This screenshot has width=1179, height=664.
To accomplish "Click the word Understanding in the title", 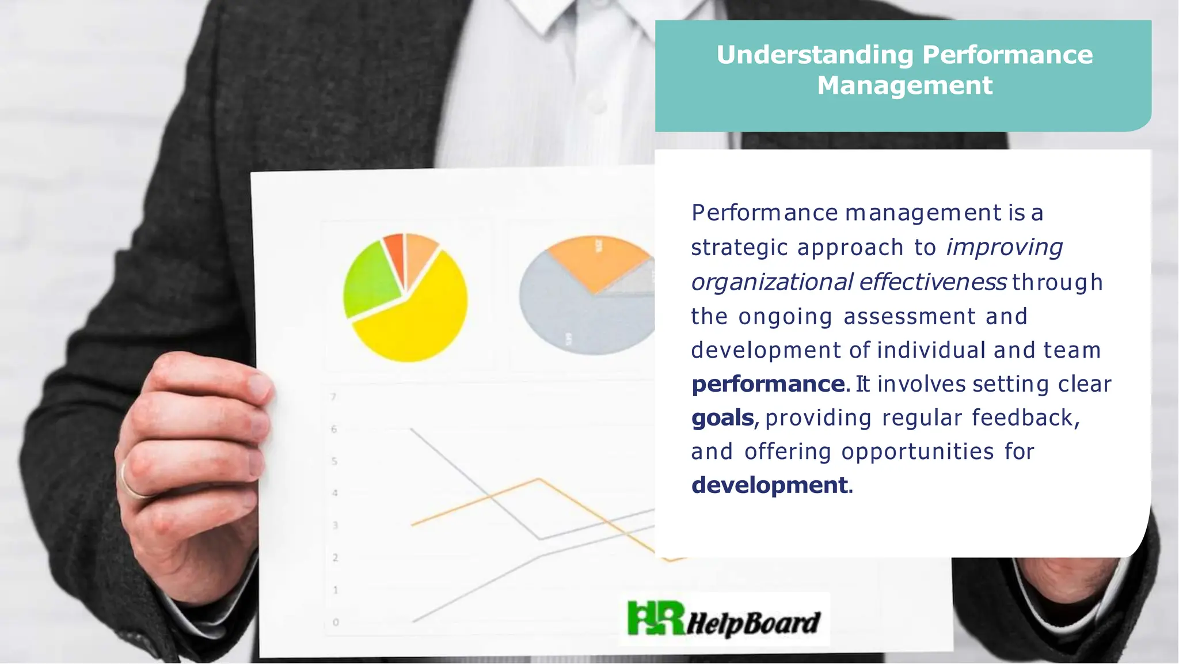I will tap(815, 55).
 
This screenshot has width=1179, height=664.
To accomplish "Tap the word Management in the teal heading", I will tap(904, 85).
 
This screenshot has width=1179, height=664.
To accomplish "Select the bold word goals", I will tap(722, 418).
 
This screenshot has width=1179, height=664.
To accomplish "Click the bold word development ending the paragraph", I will tap(770, 485).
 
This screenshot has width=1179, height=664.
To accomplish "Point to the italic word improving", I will tap(1005, 248).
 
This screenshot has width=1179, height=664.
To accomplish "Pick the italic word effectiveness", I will tap(933, 282).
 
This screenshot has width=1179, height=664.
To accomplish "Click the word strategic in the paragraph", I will tap(739, 248).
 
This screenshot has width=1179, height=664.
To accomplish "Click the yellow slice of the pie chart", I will tap(414, 322).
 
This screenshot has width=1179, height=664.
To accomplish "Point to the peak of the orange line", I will tap(538, 479).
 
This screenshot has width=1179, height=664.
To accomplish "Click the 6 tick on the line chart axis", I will tap(334, 429).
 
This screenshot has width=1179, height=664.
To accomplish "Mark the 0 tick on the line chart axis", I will tap(336, 622).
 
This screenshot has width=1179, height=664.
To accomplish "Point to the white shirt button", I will tap(599, 107).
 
